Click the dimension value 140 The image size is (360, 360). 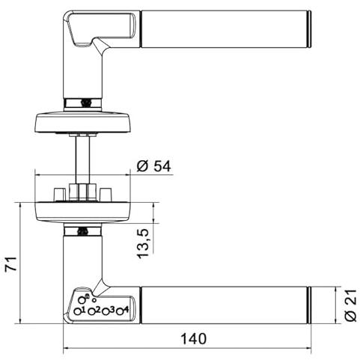click(x=193, y=339)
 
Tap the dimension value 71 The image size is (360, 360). click(x=11, y=263)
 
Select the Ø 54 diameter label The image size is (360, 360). click(x=154, y=166)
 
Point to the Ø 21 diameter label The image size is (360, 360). click(x=350, y=305)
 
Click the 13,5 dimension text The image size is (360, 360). click(x=143, y=243)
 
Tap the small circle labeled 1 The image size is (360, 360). click(x=77, y=311)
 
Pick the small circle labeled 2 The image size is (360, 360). click(x=92, y=311)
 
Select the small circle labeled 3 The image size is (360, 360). click(x=106, y=311)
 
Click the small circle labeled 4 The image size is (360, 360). click(x=120, y=311)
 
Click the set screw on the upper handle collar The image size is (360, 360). click(x=86, y=103)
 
